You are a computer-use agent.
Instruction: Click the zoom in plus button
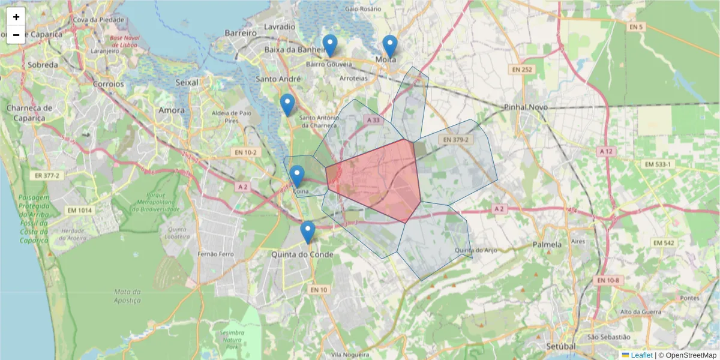tap(16, 17)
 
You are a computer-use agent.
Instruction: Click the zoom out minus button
tap(16, 35)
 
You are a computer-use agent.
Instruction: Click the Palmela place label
tap(547, 245)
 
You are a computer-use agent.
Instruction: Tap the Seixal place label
tap(187, 82)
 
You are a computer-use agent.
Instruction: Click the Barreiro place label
tap(241, 33)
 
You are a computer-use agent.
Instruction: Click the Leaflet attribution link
tap(641, 355)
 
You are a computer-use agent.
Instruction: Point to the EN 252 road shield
tap(521, 70)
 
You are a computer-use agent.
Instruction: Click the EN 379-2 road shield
tap(455, 140)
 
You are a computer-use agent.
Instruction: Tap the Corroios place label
tap(108, 84)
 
